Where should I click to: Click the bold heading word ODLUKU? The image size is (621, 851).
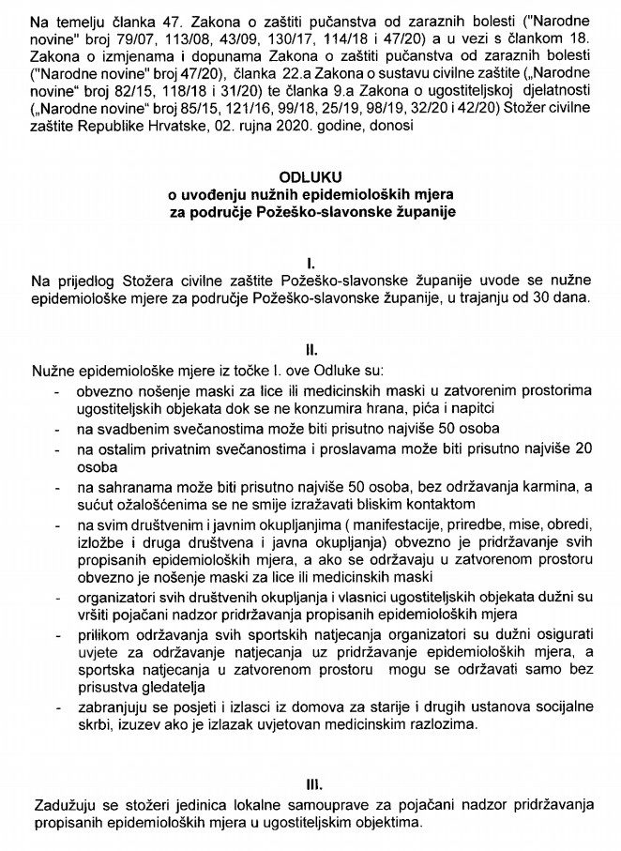(x=310, y=176)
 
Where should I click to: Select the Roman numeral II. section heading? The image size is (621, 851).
(x=310, y=345)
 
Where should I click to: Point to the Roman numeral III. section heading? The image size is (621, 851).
(x=310, y=782)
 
